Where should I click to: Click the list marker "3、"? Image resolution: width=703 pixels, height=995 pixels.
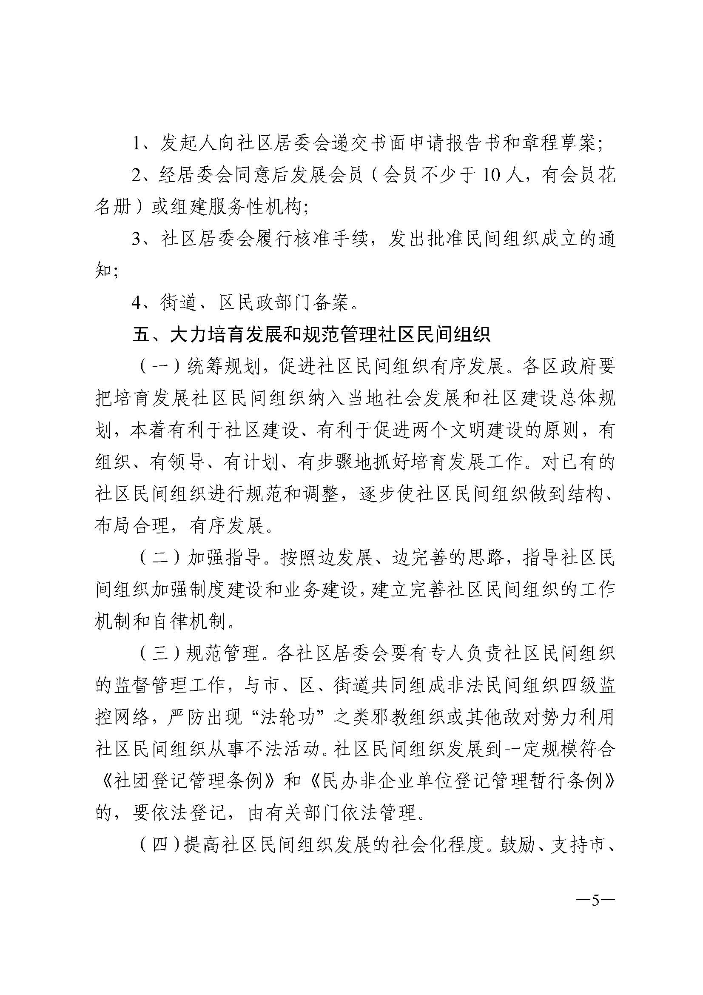pos(143,239)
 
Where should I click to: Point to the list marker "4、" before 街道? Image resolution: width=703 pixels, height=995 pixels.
pos(143,303)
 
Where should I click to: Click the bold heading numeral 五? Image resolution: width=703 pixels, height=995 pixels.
pos(141,335)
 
